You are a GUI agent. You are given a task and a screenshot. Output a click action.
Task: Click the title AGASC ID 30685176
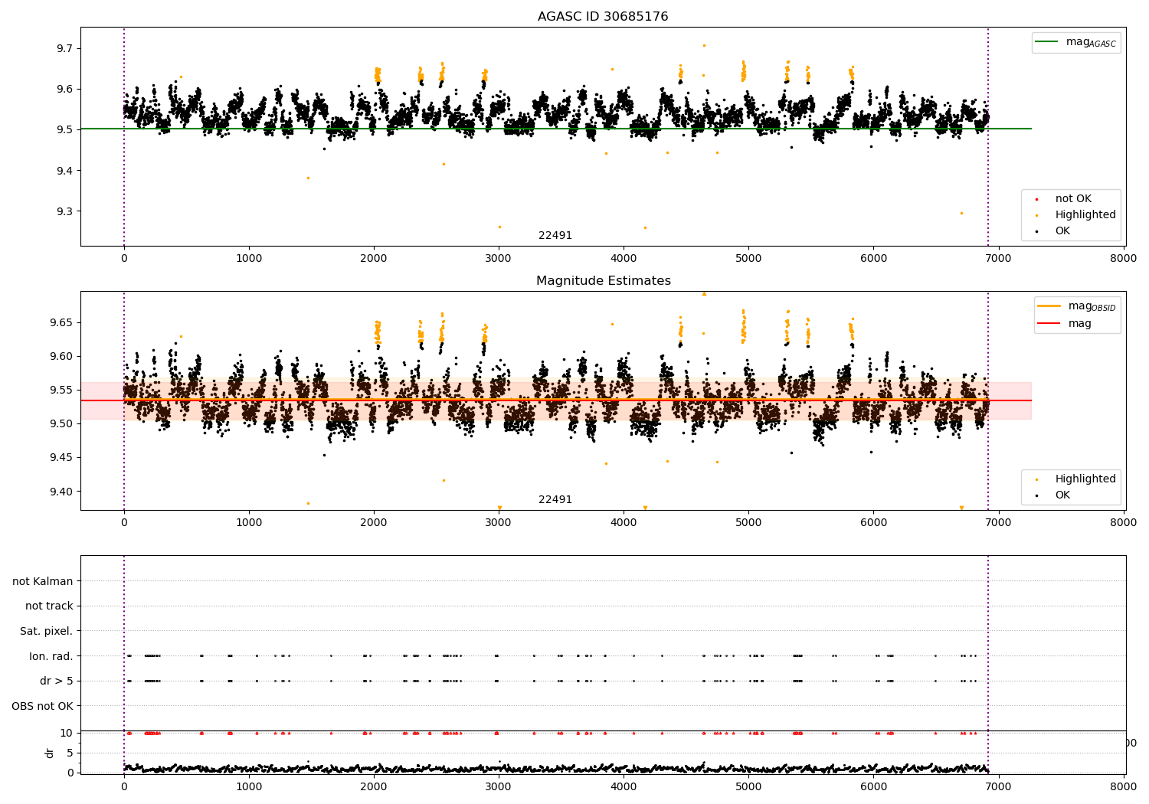[x=603, y=17]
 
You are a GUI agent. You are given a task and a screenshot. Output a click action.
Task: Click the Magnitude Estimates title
[x=603, y=281]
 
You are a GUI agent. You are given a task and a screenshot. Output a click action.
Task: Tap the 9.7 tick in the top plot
[x=64, y=48]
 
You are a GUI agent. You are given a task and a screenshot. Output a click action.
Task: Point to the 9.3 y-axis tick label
[x=64, y=211]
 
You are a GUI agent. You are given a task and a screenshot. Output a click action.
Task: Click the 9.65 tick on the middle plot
[x=61, y=322]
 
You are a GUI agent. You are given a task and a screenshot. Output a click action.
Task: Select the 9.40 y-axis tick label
[x=61, y=492]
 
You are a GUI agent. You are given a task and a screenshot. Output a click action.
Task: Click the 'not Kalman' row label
[x=43, y=581]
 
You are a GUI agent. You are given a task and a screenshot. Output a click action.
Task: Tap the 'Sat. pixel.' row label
[x=46, y=631]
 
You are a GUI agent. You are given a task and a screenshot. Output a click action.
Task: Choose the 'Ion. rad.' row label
[x=51, y=656]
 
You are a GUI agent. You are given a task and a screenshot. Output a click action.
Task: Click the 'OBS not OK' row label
[x=42, y=706]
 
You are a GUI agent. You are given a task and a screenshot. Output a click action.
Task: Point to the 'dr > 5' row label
[x=56, y=681]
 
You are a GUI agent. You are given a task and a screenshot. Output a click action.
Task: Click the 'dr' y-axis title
[x=50, y=753]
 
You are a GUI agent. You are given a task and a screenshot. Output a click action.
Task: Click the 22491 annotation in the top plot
[x=555, y=236]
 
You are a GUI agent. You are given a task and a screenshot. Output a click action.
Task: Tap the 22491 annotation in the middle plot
[x=555, y=500]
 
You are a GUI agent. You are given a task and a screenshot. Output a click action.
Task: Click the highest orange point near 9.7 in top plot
[x=704, y=45]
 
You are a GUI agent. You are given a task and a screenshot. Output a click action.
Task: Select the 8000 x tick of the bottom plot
[x=1124, y=785]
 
